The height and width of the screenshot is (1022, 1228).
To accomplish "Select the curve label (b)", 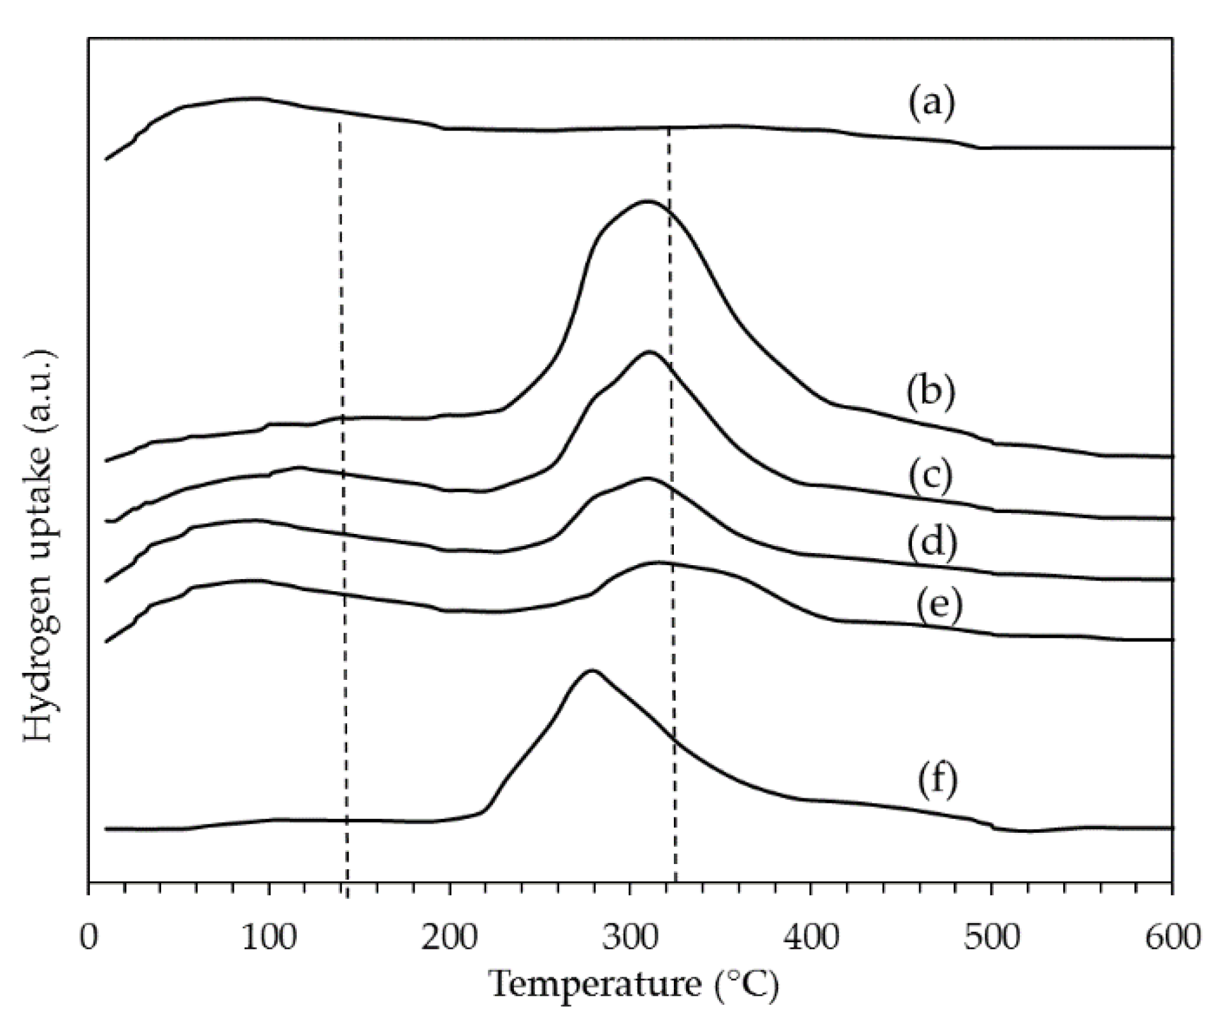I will click(x=931, y=391).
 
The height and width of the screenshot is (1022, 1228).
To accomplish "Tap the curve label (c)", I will click(x=931, y=476).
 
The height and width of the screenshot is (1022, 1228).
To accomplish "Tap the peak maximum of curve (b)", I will click(x=647, y=201).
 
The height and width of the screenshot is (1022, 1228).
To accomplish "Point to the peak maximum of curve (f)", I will click(x=592, y=670).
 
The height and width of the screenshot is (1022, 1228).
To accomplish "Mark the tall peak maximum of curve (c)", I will click(x=649, y=352).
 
